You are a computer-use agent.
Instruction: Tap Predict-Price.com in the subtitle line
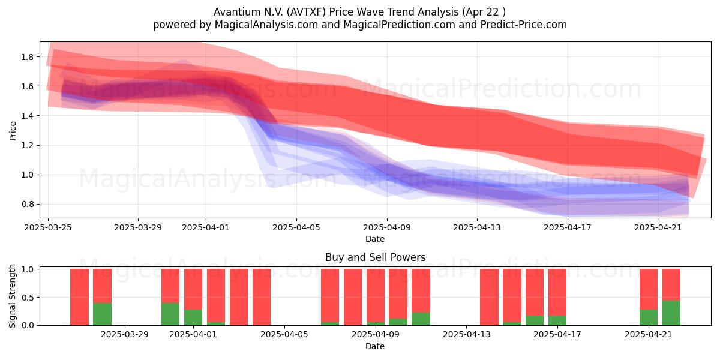(524, 25)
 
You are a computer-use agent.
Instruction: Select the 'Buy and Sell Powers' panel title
(375, 257)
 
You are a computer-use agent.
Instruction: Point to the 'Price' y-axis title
(13, 131)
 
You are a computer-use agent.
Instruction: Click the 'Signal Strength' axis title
(12, 296)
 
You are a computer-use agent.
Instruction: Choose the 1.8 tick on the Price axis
(28, 57)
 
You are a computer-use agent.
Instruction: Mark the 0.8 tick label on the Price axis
(28, 205)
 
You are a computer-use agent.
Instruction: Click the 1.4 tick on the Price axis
(28, 116)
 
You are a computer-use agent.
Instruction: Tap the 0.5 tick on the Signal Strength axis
(28, 298)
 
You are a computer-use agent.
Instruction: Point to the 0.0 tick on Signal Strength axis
(28, 325)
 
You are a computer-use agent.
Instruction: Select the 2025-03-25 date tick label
(48, 227)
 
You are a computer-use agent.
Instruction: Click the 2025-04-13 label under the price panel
(476, 227)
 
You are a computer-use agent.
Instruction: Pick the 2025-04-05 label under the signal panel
(284, 335)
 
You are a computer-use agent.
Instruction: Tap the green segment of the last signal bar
(671, 313)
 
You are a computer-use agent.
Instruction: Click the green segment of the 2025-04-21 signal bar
(649, 317)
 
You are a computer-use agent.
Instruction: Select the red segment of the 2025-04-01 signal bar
(193, 289)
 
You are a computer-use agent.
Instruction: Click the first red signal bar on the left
(79, 297)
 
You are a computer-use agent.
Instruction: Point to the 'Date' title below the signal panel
(375, 347)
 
